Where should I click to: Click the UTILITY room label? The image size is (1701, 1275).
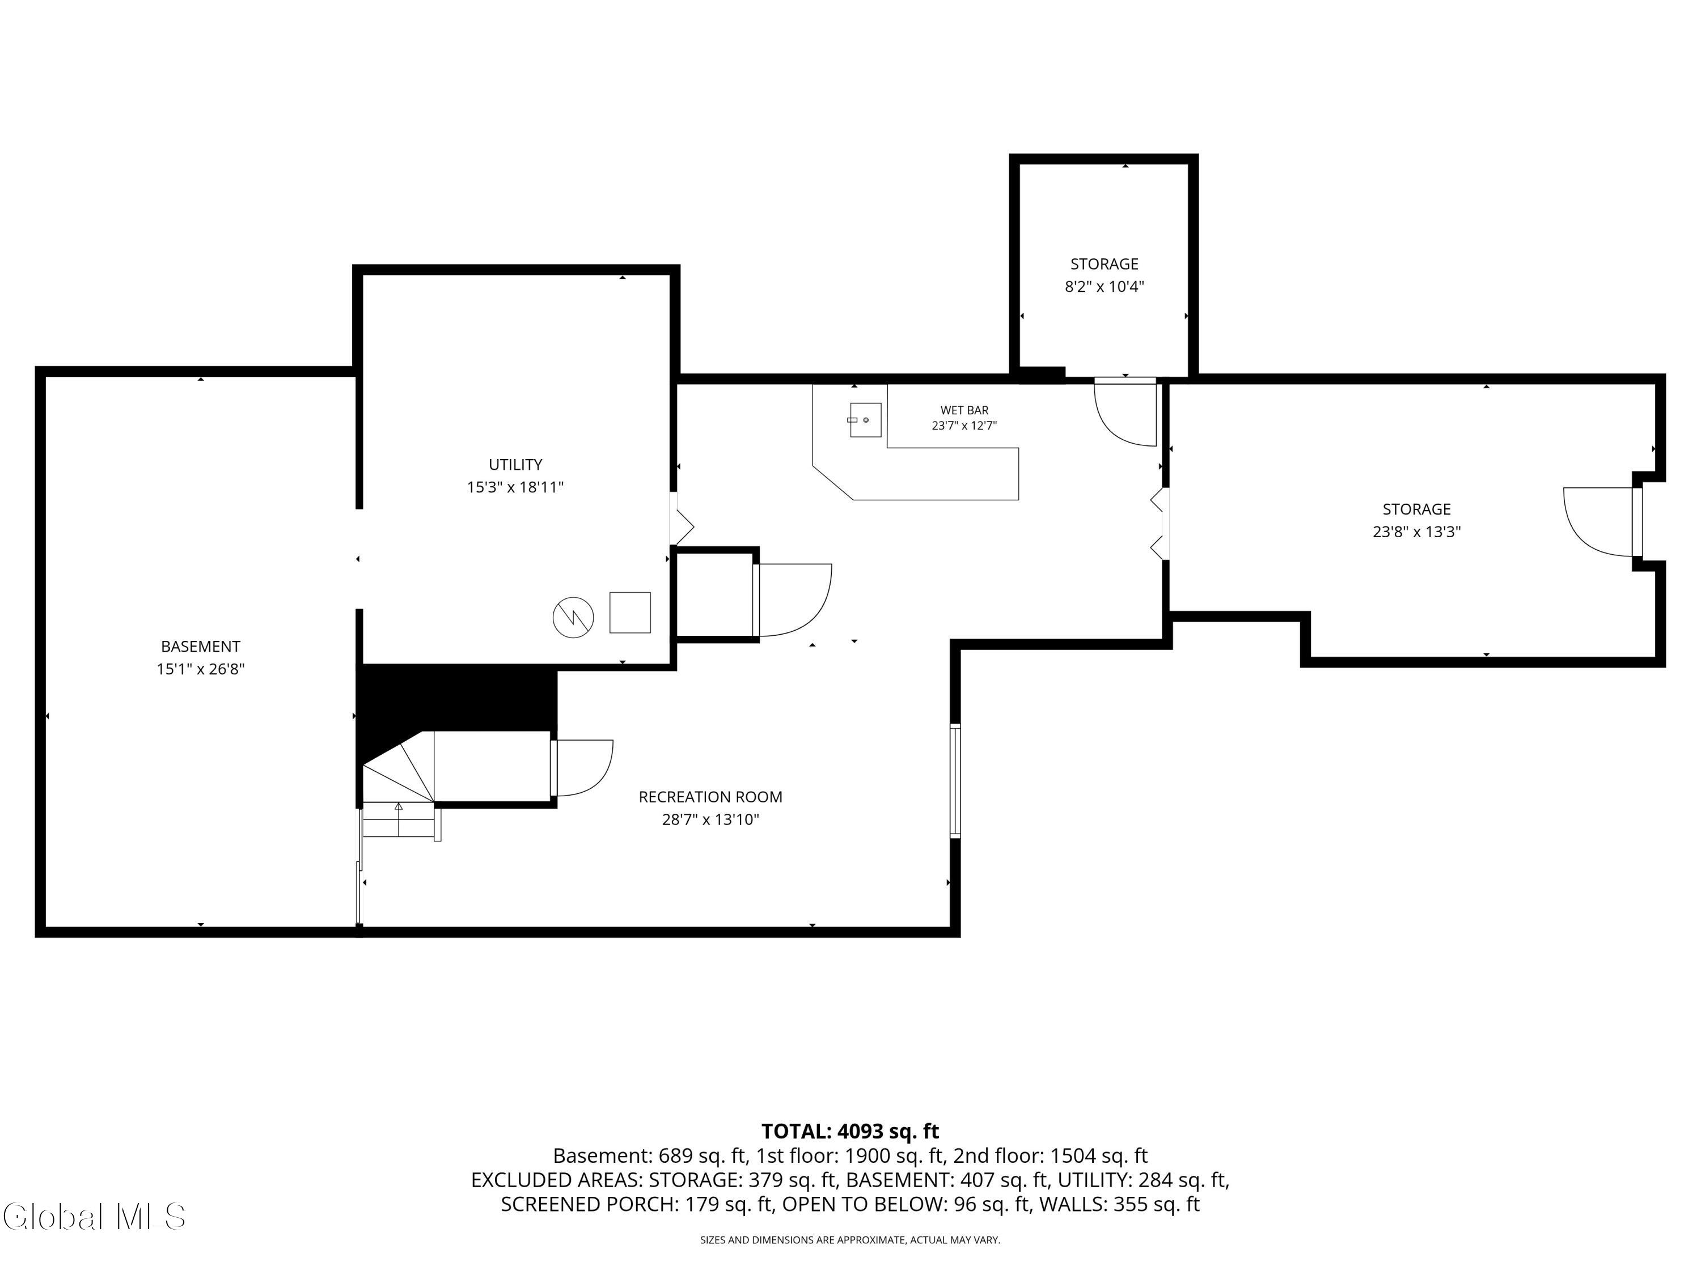(515, 464)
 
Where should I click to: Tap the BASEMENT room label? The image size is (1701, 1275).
(201, 647)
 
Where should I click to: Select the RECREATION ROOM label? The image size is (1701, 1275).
(710, 797)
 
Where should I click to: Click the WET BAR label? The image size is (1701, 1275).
(964, 410)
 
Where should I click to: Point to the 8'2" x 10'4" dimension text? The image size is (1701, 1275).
(1105, 287)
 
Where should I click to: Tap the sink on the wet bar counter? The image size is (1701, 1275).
(865, 420)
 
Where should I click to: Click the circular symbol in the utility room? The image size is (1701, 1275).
(573, 617)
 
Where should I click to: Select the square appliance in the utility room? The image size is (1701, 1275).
(630, 613)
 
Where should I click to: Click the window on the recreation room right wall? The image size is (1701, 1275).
(955, 780)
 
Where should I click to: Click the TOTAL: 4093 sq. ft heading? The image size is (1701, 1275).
(850, 1131)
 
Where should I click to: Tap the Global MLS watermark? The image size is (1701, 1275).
(94, 1217)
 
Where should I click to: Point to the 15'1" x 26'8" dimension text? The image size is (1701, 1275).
(201, 669)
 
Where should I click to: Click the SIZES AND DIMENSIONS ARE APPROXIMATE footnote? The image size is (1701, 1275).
(850, 1240)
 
